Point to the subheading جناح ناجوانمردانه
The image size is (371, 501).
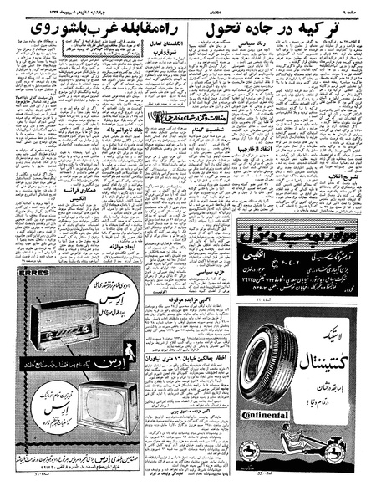(x=123, y=128)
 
